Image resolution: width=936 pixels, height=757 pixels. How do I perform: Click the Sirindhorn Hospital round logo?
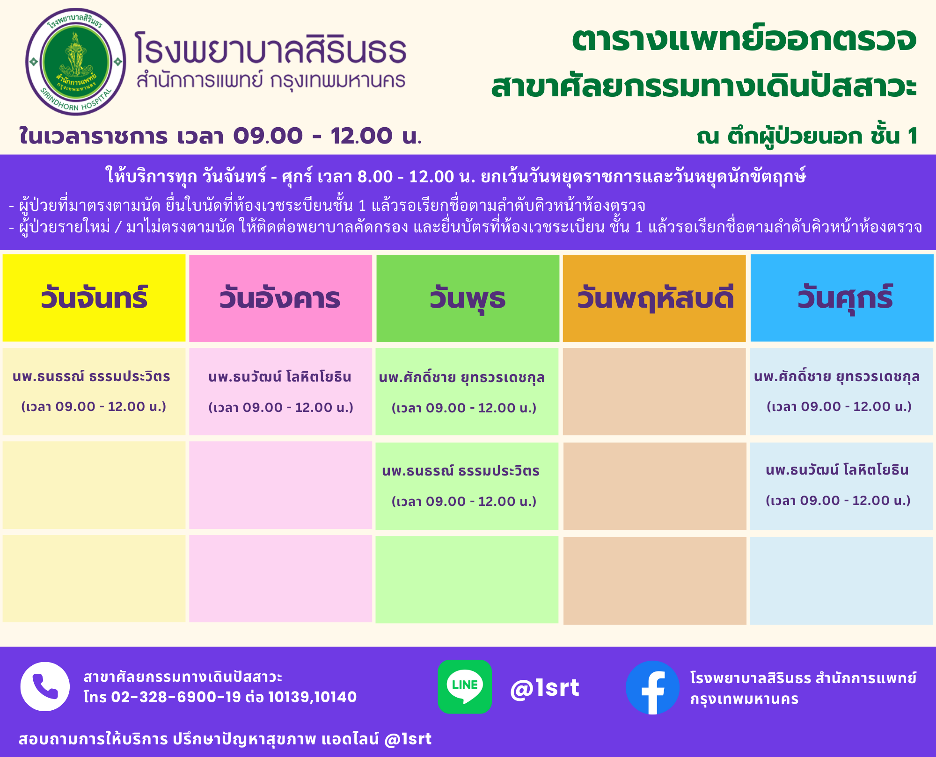tap(75, 62)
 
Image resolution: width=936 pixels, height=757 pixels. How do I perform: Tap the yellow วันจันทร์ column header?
tap(94, 298)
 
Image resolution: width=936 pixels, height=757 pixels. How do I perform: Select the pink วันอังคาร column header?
tap(280, 298)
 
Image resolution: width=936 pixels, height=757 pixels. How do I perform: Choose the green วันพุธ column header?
tap(468, 298)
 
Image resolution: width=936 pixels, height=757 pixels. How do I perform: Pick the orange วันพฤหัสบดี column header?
tap(654, 298)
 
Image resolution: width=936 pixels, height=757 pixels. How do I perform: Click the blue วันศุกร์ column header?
tap(842, 298)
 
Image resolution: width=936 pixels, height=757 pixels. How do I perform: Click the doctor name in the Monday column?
tap(91, 376)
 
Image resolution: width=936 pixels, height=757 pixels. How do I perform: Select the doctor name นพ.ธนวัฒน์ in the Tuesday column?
tap(280, 377)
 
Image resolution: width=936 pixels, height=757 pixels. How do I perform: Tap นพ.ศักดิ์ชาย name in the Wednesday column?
tap(462, 377)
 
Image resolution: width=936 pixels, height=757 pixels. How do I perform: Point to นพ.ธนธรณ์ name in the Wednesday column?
tap(461, 471)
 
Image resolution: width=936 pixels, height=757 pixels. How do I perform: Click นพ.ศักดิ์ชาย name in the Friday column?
tap(837, 376)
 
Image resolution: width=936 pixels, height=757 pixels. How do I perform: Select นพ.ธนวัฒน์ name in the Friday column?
tap(837, 470)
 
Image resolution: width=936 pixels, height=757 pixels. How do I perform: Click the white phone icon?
tap(45, 686)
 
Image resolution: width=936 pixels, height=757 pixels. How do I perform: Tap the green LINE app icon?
tap(465, 686)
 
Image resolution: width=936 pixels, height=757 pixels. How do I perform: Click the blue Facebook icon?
tap(652, 687)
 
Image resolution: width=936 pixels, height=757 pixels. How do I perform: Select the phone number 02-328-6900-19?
tap(176, 697)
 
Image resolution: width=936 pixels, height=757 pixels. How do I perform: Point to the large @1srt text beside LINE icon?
tap(545, 688)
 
